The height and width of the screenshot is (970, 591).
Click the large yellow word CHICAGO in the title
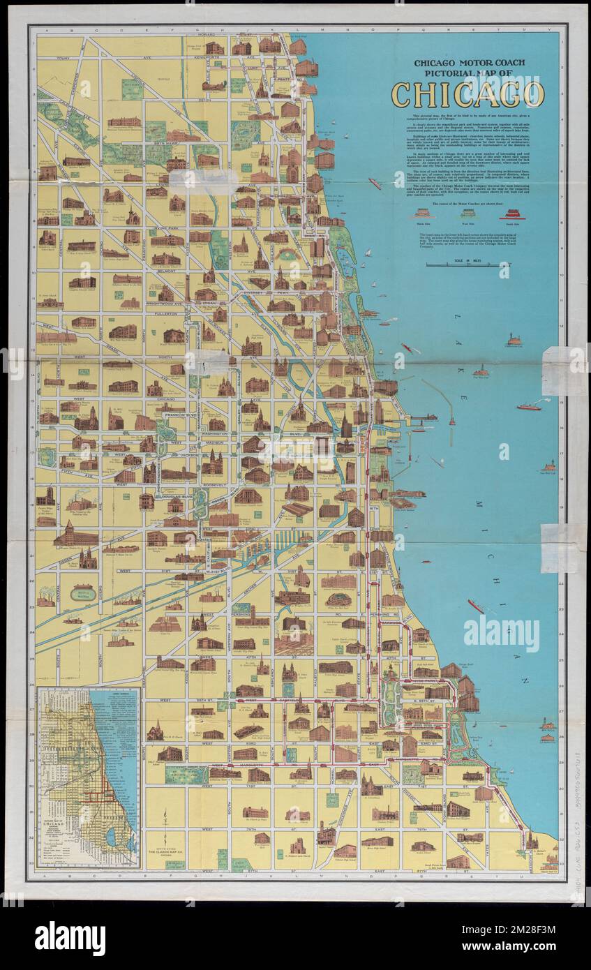click(467, 94)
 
